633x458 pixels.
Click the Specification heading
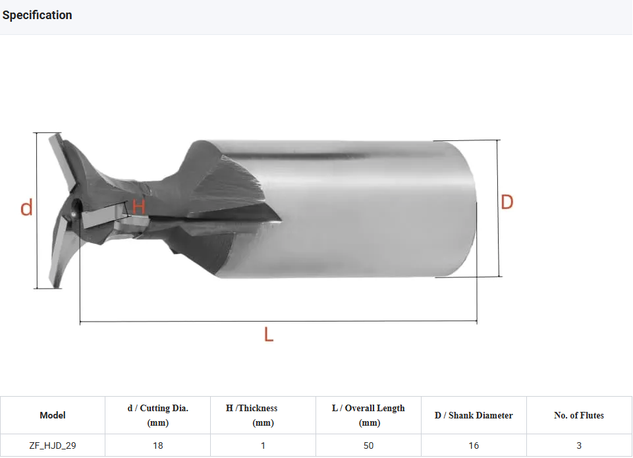pos(37,15)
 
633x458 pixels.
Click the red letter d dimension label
pos(26,208)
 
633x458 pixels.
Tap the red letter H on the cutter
pos(138,206)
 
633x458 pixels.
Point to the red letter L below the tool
pos(269,334)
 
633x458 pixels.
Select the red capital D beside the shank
pos(507,202)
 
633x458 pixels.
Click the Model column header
pos(53,415)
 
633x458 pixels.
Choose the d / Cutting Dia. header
pos(158,415)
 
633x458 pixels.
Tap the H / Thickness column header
pos(252,415)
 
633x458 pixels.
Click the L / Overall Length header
pos(369,415)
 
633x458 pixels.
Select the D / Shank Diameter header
pos(474,415)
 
